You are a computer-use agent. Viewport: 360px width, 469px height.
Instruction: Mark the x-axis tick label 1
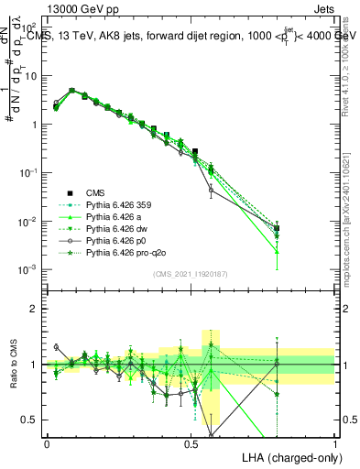click(x=334, y=443)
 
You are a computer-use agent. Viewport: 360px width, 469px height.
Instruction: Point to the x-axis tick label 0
click(x=47, y=443)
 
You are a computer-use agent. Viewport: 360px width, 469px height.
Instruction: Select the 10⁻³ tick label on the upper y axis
click(x=30, y=269)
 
